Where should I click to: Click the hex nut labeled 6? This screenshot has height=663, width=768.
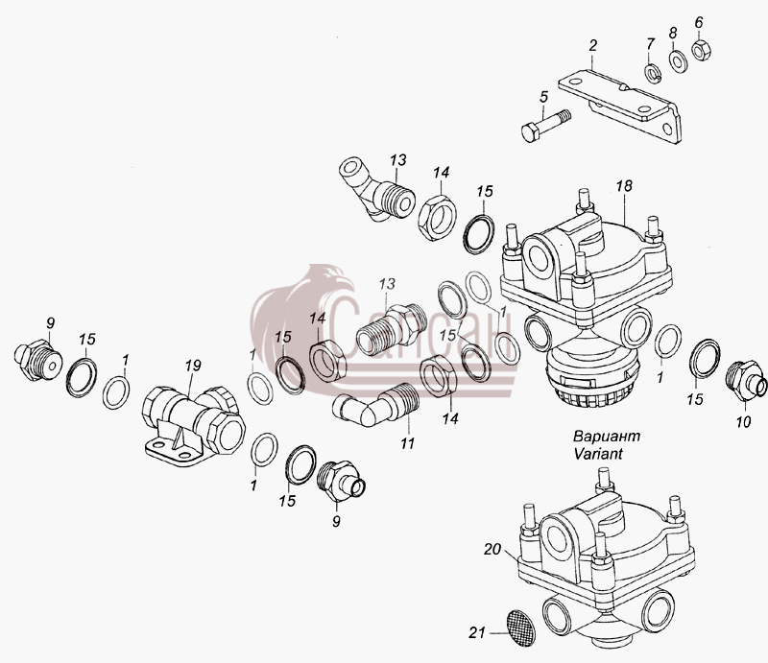(702, 50)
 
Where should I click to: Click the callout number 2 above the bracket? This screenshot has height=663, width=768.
(593, 45)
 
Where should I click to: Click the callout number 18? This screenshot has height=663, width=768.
(624, 185)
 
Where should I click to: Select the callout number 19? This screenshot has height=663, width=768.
(193, 366)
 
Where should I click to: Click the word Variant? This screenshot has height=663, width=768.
(598, 454)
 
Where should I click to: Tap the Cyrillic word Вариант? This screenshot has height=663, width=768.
(607, 436)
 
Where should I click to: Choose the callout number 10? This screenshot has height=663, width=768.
(743, 421)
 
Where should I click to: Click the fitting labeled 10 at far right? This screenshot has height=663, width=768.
(745, 381)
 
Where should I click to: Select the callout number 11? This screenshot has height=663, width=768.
(407, 443)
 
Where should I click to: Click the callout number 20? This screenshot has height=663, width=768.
(492, 550)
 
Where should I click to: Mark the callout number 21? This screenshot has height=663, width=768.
(477, 633)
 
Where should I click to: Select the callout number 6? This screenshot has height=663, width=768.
(699, 22)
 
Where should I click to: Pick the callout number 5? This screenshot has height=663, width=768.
(543, 97)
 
